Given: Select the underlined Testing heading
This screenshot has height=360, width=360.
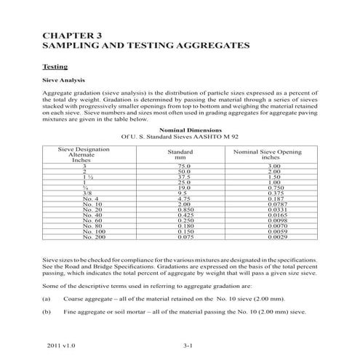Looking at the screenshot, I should (x=56, y=65).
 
